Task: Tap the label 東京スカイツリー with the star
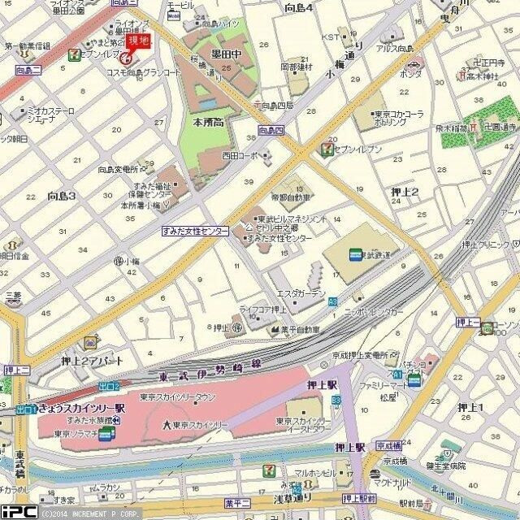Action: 196,425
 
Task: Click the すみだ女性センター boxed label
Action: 195,231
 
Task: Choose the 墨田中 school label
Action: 226,54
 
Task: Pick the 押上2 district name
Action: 404,192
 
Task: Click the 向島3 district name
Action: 61,196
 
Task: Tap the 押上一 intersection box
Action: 469,323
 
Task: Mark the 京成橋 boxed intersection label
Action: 390,446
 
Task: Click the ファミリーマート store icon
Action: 415,380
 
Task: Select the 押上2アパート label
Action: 70,361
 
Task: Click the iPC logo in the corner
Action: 18,512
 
